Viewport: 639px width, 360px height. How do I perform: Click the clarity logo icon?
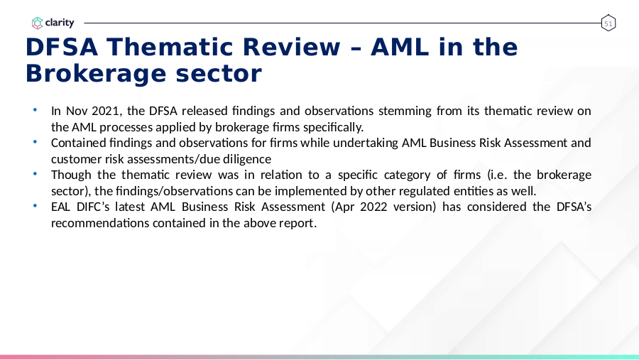[37, 23]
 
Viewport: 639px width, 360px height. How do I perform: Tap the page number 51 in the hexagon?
[608, 23]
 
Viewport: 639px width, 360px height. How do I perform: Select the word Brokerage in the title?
[96, 74]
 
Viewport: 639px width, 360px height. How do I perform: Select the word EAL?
[61, 207]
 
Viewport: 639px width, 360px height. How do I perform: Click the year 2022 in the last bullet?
[373, 207]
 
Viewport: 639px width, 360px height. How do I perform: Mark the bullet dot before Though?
[35, 174]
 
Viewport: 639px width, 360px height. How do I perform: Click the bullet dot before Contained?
[35, 142]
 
